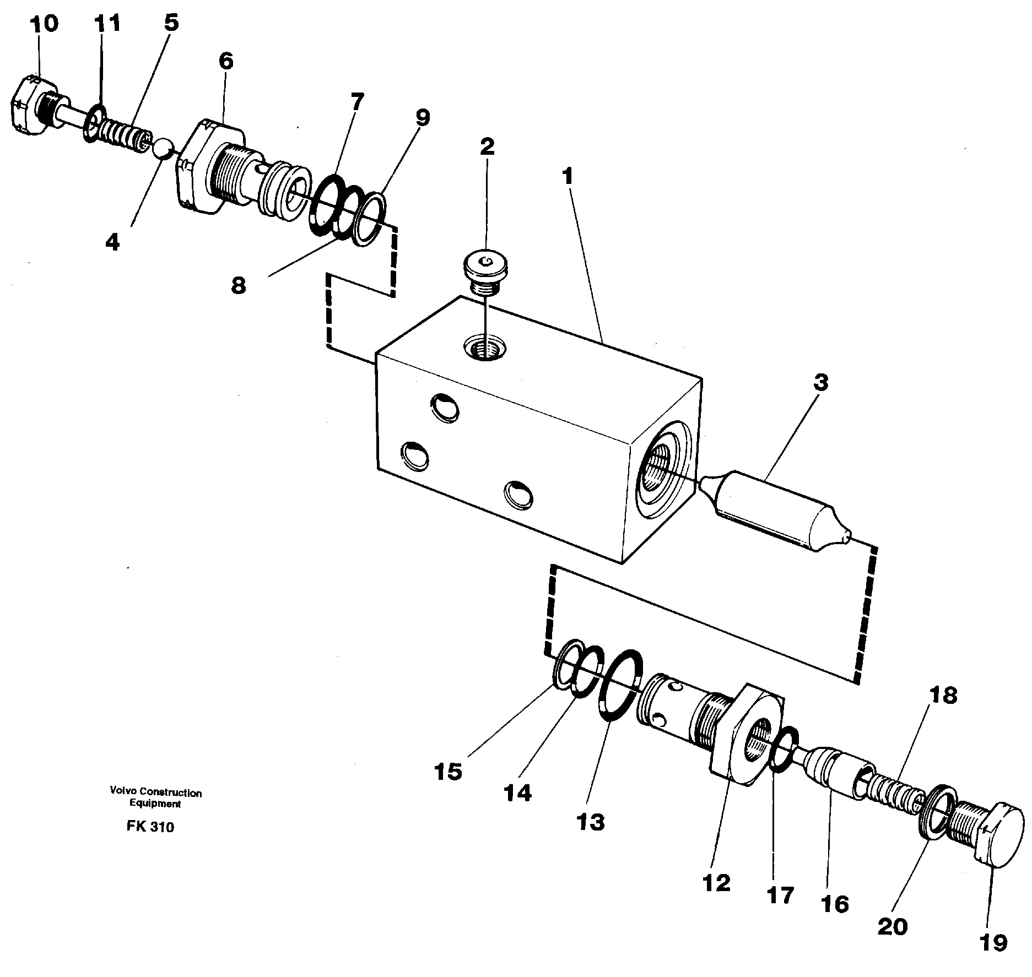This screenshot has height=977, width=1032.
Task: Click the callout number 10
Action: [x=44, y=24]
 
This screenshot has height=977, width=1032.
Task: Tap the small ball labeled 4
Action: [x=164, y=150]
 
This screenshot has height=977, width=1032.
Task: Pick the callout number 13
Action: [x=591, y=822]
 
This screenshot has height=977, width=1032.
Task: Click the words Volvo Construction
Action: [x=156, y=793]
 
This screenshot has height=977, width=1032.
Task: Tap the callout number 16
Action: [x=834, y=904]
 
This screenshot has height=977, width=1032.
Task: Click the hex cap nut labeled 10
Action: [x=34, y=105]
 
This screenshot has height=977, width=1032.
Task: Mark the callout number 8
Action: [x=238, y=285]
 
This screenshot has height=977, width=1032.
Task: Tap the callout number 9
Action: [x=422, y=117]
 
